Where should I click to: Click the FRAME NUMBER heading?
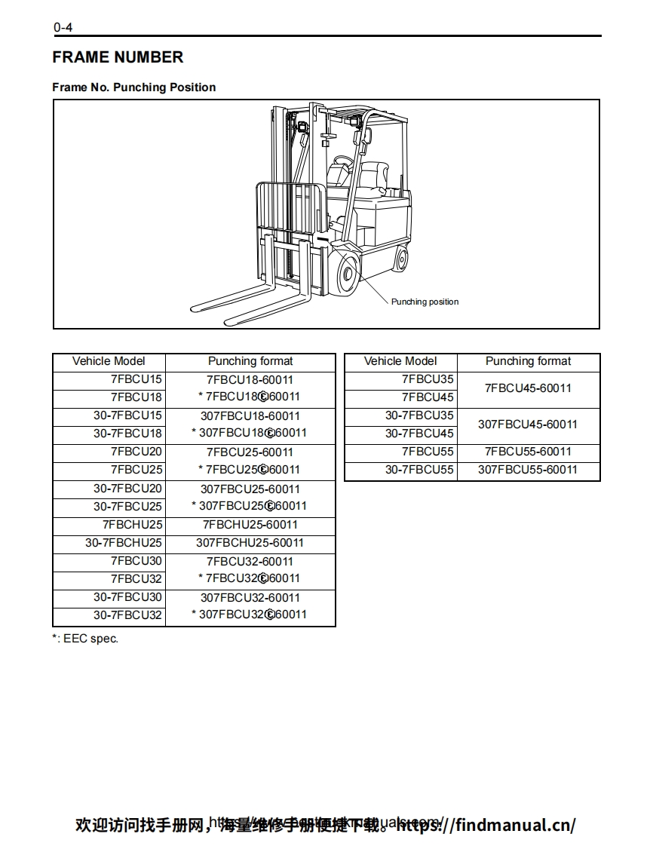click(x=118, y=57)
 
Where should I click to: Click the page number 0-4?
click(x=63, y=29)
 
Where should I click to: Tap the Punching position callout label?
click(x=425, y=302)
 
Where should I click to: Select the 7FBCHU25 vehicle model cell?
click(x=133, y=525)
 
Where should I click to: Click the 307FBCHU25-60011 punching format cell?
click(x=250, y=543)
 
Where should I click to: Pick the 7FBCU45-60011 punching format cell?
click(x=528, y=388)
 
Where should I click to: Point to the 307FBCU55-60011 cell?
click(x=528, y=470)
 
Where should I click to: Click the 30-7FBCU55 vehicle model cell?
click(x=420, y=470)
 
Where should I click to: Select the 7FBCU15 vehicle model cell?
click(x=136, y=379)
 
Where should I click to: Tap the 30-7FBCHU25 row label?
click(x=124, y=543)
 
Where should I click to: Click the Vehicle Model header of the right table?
click(x=400, y=361)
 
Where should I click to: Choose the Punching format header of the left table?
click(x=250, y=361)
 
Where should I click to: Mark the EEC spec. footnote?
click(x=85, y=639)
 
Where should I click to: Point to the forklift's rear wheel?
click(x=401, y=259)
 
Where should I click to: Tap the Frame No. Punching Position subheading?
click(x=133, y=87)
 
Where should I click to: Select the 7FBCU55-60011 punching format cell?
click(x=528, y=452)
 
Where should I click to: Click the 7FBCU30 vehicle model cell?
click(x=136, y=561)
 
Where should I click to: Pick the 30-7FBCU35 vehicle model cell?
click(x=420, y=415)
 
